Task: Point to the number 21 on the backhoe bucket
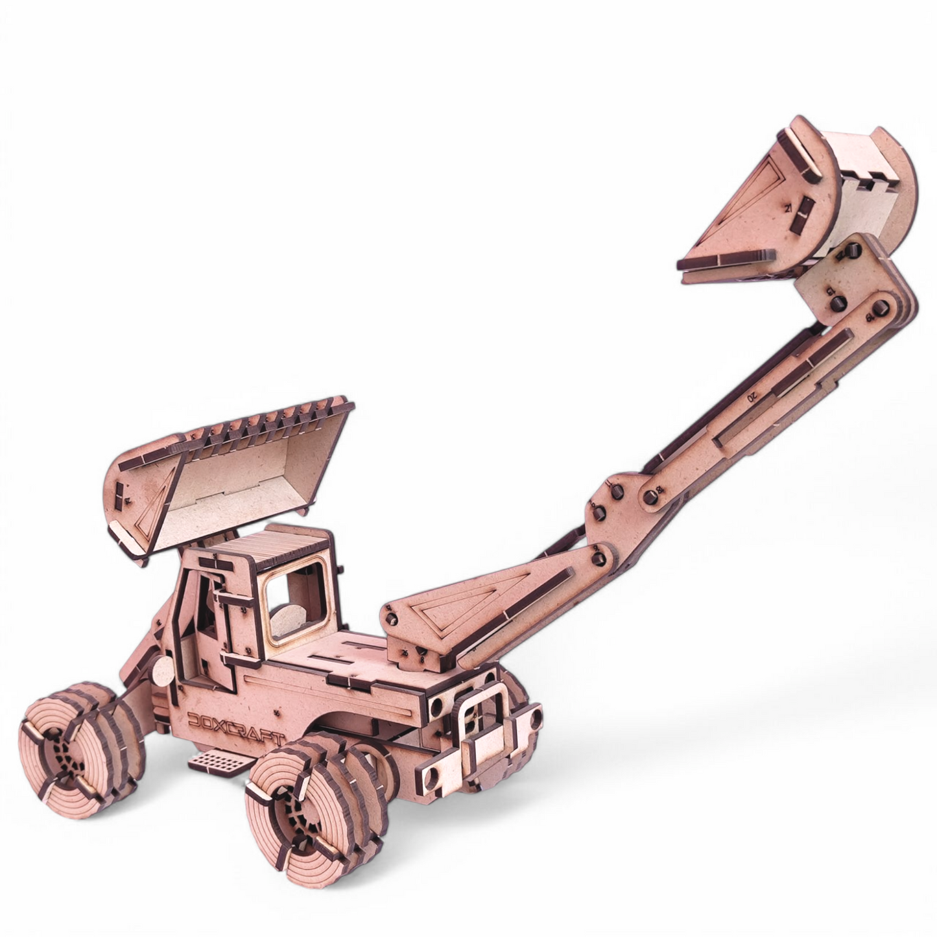pos(788,209)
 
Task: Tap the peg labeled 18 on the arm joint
pos(652,495)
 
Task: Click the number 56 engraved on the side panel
pos(278,713)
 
